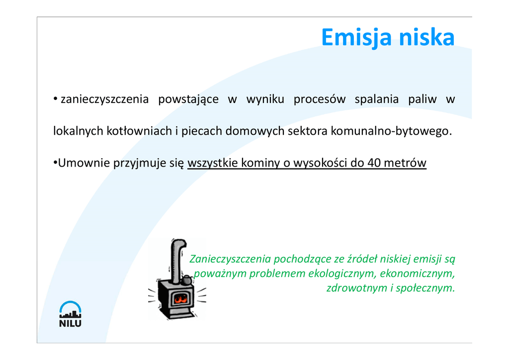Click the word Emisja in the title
click(357, 38)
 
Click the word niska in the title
click(426, 37)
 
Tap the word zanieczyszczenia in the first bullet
click(104, 99)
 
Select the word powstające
click(188, 99)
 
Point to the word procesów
click(320, 99)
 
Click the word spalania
click(377, 99)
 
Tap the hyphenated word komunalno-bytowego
click(391, 131)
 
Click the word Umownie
click(84, 163)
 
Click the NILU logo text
click(70, 323)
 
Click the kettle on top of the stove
click(187, 280)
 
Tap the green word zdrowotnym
click(356, 288)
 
